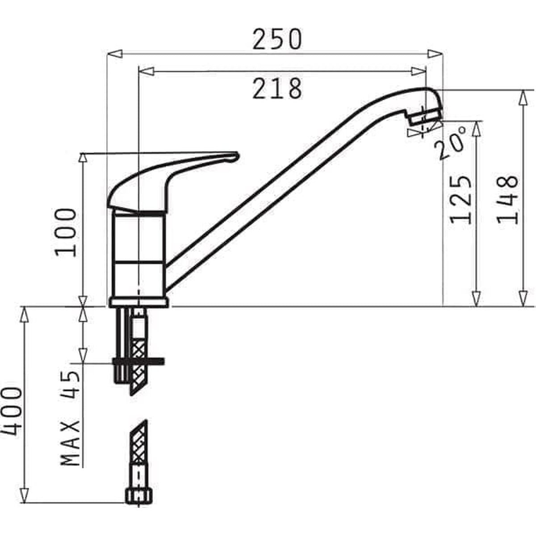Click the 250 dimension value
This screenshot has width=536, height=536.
tap(277, 39)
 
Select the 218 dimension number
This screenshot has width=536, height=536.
tap(277, 88)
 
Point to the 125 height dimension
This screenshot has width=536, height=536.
tap(461, 200)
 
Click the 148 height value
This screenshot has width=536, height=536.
tap(508, 200)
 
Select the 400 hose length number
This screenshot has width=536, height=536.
tap(12, 412)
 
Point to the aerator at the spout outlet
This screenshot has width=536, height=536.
tap(424, 117)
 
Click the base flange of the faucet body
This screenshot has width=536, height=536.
tap(139, 303)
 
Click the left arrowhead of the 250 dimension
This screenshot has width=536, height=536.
tap(114, 54)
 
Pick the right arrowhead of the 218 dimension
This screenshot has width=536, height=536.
tap(419, 71)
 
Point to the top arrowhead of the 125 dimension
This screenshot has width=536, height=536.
tap(477, 128)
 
